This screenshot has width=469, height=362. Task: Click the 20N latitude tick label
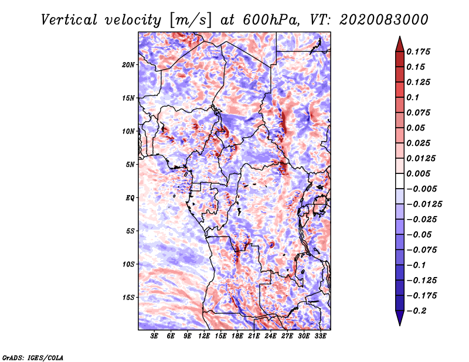tap(128, 65)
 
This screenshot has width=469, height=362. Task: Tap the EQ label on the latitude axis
tap(130, 198)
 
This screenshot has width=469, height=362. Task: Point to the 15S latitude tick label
tap(128, 298)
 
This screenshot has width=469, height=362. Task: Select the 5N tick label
tap(130, 165)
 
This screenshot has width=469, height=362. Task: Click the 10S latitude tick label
tap(128, 264)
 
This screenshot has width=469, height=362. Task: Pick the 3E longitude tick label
tap(154, 336)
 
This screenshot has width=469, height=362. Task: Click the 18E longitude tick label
tap(237, 336)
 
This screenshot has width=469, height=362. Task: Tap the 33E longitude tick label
tap(320, 336)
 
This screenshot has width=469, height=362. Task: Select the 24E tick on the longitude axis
tap(270, 336)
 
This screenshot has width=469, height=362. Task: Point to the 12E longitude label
tap(204, 336)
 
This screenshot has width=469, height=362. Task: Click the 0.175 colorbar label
tap(418, 52)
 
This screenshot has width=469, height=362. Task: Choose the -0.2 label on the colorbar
tap(416, 311)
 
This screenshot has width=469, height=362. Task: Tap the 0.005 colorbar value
tap(418, 173)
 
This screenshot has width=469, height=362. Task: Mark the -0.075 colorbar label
tap(422, 250)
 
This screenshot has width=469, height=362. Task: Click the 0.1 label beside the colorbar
tap(413, 97)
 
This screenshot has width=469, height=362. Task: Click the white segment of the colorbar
tap(400, 181)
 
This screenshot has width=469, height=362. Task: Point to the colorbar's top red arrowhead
tap(400, 44)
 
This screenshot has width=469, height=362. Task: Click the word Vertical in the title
tap(69, 20)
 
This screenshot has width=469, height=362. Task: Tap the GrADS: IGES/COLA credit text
tap(33, 357)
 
